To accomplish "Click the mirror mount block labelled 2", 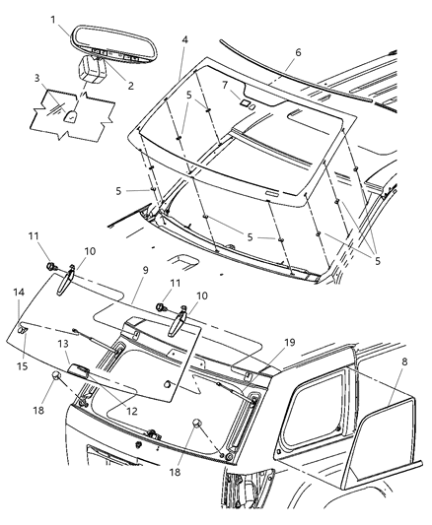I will pyautogui.click(x=98, y=70).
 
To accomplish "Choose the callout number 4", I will pyautogui.click(x=184, y=40).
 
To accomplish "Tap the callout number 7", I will pyautogui.click(x=226, y=86).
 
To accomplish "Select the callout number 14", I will pyautogui.click(x=19, y=294).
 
